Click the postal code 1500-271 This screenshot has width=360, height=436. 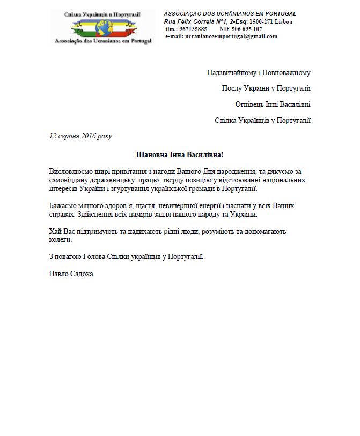(x=261, y=21)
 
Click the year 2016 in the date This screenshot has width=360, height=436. (x=90, y=136)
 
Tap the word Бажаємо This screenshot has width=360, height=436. (x=63, y=206)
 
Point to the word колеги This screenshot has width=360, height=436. (x=60, y=240)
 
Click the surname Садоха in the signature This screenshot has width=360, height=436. (x=82, y=275)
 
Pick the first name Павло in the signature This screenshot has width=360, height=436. (x=58, y=275)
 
